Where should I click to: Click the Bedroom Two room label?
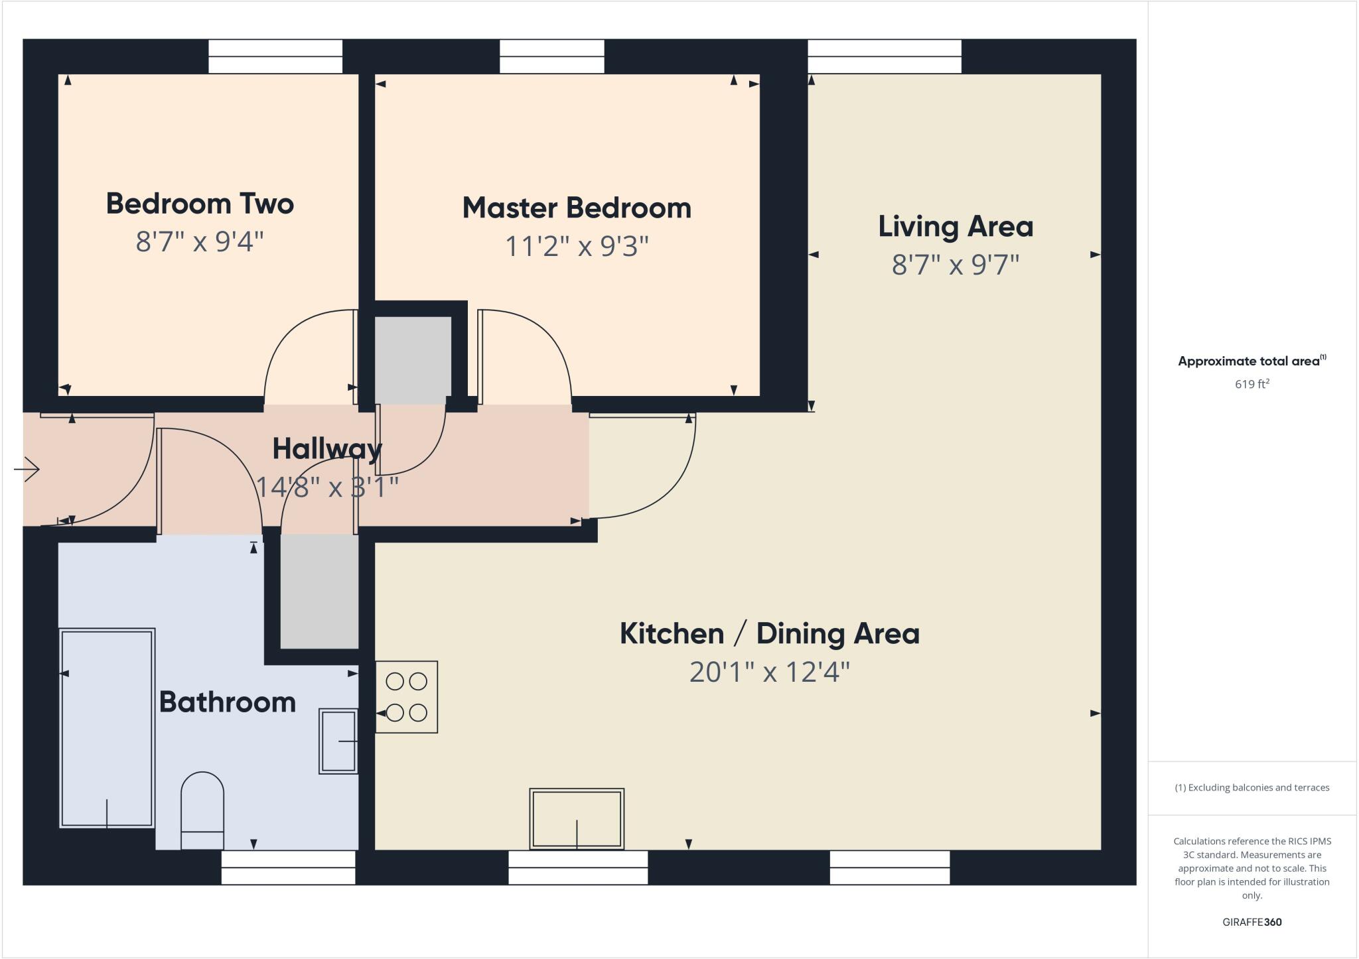point(200,204)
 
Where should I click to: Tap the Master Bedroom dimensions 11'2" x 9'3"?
point(576,246)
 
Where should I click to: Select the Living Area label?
point(956,227)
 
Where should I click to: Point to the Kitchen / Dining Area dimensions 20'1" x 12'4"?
point(769,672)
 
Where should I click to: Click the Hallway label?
point(326,449)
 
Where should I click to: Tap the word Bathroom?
point(228,702)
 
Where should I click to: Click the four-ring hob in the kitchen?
point(406,697)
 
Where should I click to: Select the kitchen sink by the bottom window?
point(577,819)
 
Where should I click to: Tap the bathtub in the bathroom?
point(107,728)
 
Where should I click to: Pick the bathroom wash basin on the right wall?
point(338,741)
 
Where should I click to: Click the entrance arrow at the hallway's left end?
point(27,470)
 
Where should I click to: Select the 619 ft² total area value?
point(1252,384)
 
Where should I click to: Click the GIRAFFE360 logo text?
point(1252,922)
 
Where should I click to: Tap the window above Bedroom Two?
point(275,56)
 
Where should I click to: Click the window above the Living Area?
point(884,56)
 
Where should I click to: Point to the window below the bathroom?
point(288,867)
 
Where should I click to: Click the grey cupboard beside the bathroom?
point(319,592)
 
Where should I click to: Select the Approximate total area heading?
point(1251,361)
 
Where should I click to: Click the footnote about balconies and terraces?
point(1252,788)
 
